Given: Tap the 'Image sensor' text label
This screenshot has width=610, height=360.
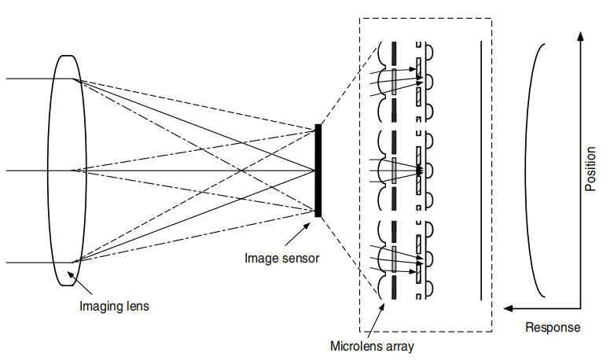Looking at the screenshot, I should pyautogui.click(x=282, y=258).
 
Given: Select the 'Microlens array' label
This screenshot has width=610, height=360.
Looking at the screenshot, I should pyautogui.click(x=373, y=345).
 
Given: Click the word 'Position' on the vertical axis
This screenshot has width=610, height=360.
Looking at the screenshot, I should pyautogui.click(x=590, y=169).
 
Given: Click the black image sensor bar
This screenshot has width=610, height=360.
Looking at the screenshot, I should pyautogui.click(x=318, y=170).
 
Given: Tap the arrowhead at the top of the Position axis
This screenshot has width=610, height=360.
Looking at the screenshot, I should pyautogui.click(x=579, y=36).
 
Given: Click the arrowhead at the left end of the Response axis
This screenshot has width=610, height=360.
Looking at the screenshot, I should pyautogui.click(x=511, y=309).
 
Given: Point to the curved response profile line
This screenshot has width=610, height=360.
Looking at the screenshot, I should pyautogui.click(x=528, y=169).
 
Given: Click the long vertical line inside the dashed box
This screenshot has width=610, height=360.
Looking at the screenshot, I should pyautogui.click(x=480, y=170).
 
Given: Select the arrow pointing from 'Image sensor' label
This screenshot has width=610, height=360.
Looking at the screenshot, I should pyautogui.click(x=296, y=234).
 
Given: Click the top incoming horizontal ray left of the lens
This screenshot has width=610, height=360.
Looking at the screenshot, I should pyautogui.click(x=31, y=79).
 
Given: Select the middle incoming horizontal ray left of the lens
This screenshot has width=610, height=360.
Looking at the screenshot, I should pyautogui.click(x=31, y=170).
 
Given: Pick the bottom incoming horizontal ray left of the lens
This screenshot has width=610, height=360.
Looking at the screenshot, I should pyautogui.click(x=31, y=262).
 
